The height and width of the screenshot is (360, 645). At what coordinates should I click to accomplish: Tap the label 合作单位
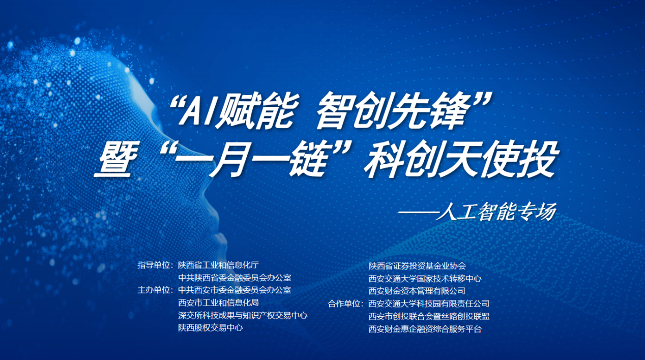pos(345,304)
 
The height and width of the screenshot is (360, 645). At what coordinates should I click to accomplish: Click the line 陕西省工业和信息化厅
pos(219,265)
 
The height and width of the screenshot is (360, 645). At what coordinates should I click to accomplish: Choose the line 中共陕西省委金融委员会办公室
pos(234,278)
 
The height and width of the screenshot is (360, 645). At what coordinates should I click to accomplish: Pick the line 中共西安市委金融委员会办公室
pos(234,290)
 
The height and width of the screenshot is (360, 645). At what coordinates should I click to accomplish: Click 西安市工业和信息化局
pos(219,303)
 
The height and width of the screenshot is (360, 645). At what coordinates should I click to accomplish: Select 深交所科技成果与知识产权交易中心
pos(243,315)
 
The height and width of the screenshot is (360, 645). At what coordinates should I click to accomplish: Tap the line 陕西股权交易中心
pos(211,328)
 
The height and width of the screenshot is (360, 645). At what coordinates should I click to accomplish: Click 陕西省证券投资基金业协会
pos(417,266)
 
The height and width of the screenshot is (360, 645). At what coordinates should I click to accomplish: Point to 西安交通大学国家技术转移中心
pos(425,279)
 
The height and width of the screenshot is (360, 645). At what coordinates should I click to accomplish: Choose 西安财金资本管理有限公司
pos(417,291)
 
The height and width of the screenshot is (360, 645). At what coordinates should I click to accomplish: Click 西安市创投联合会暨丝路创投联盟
pos(429,316)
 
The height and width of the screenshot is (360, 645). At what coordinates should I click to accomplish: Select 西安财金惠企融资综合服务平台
pos(425,329)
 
